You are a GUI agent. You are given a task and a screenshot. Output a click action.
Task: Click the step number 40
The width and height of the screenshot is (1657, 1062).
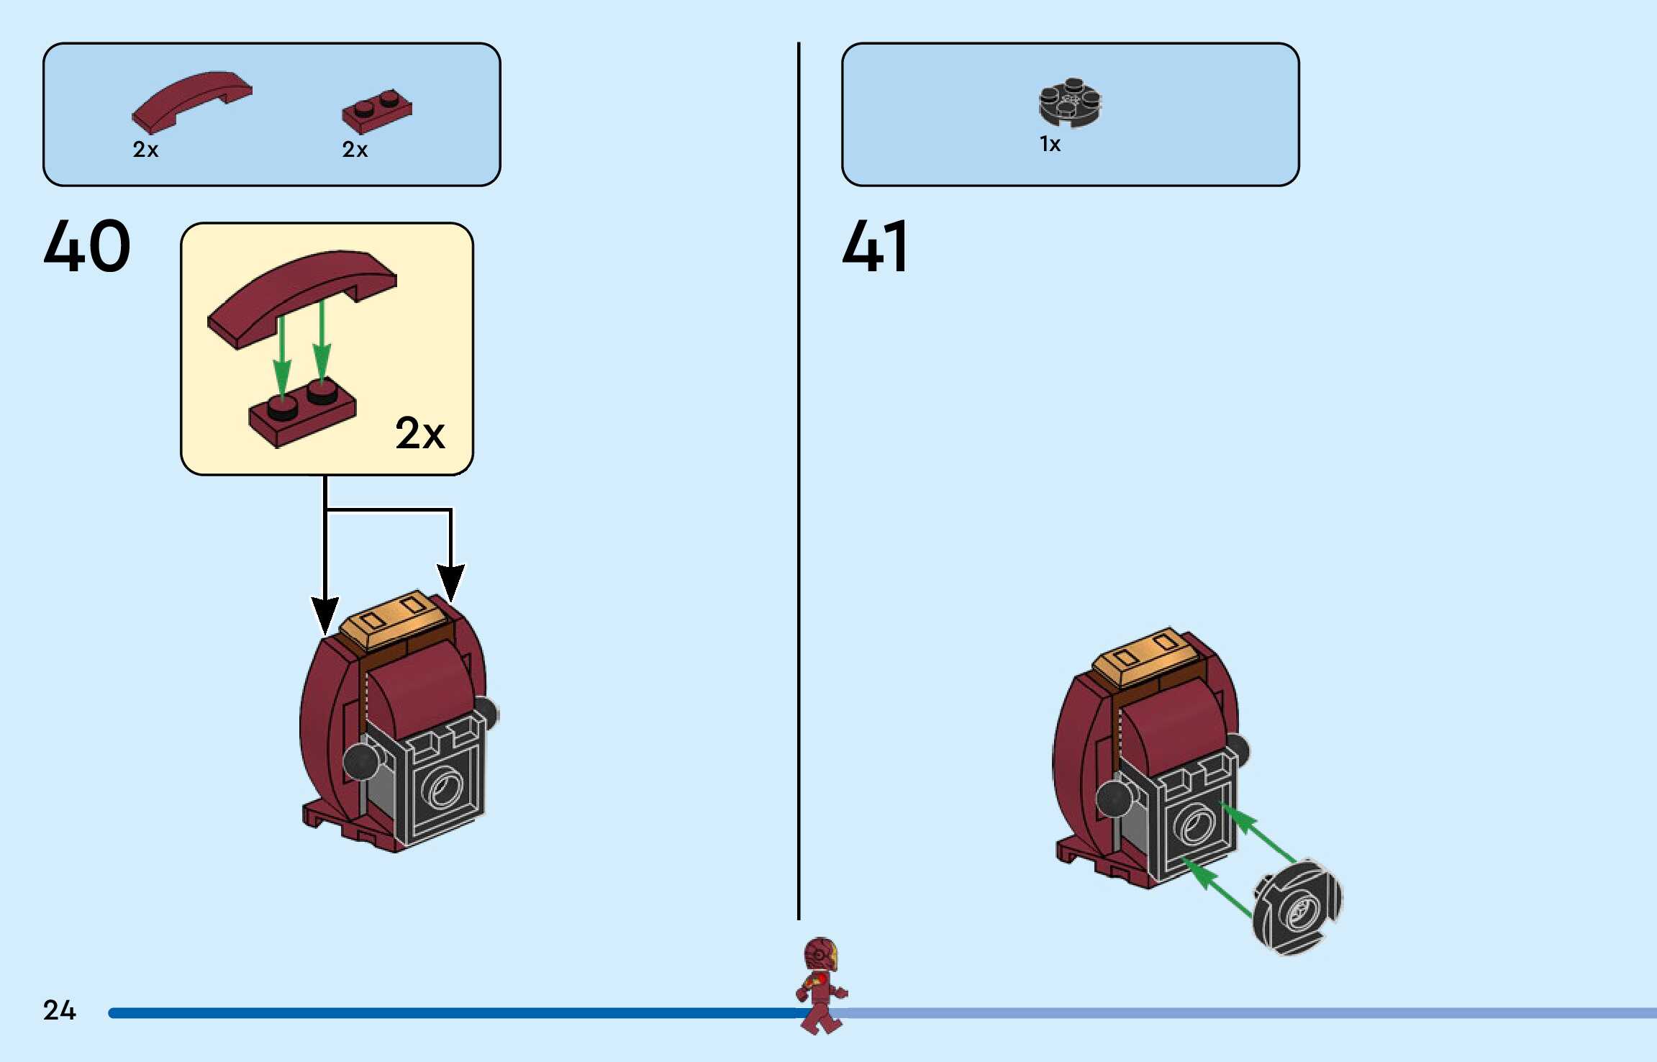(x=87, y=246)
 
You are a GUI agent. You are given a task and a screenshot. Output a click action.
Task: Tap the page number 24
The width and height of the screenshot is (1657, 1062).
(x=59, y=1010)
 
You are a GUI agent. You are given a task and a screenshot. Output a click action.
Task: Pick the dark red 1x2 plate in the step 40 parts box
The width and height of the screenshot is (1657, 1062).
(x=376, y=112)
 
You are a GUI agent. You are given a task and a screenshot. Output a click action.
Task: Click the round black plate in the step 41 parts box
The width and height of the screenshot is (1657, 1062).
(x=1070, y=103)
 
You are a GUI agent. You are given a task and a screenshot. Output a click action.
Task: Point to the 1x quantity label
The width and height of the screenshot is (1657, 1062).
(x=1050, y=145)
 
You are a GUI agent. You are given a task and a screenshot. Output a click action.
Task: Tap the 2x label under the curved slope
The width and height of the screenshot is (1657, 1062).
(x=145, y=150)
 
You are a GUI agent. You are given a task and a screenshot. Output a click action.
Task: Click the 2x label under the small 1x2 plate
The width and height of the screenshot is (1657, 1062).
(x=355, y=150)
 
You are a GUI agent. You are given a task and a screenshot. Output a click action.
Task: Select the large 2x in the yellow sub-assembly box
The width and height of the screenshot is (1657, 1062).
(x=420, y=433)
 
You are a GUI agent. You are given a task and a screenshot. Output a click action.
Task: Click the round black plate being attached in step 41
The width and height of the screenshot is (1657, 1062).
(x=1297, y=907)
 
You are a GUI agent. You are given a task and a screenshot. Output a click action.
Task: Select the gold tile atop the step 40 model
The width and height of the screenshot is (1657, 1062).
(x=393, y=619)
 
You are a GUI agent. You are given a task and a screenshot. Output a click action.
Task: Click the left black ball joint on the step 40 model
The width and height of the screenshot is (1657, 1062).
(x=360, y=761)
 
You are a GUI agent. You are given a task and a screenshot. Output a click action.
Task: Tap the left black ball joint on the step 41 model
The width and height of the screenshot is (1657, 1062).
(x=1112, y=798)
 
